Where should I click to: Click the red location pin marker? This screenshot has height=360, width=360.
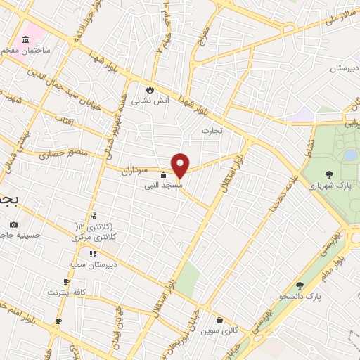click(x=180, y=165)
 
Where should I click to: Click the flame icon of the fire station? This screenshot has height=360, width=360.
click(x=150, y=89)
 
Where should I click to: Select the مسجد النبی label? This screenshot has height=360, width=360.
click(x=164, y=186)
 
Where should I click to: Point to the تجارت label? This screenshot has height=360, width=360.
click(x=212, y=131)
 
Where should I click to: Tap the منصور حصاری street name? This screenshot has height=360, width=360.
click(x=61, y=153)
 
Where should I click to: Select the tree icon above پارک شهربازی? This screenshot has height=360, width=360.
click(x=329, y=173)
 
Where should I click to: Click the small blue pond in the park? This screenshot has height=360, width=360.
click(x=349, y=155)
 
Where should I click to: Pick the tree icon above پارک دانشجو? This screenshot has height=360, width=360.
click(x=300, y=285)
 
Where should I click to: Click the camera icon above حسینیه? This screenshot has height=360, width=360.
click(x=13, y=224)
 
